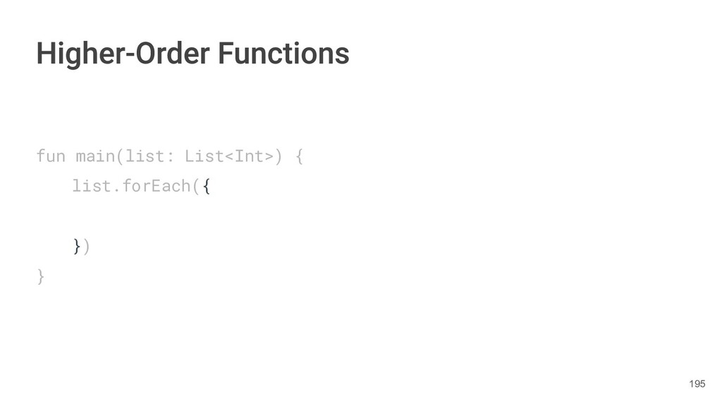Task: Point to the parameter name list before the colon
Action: click(x=146, y=156)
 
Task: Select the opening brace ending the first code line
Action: click(x=299, y=156)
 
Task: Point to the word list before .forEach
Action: click(x=92, y=187)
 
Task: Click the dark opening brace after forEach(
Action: click(x=206, y=187)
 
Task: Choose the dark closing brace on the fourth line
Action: click(x=76, y=246)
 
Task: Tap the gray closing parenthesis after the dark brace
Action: click(x=86, y=246)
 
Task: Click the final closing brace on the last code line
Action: click(x=41, y=276)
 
